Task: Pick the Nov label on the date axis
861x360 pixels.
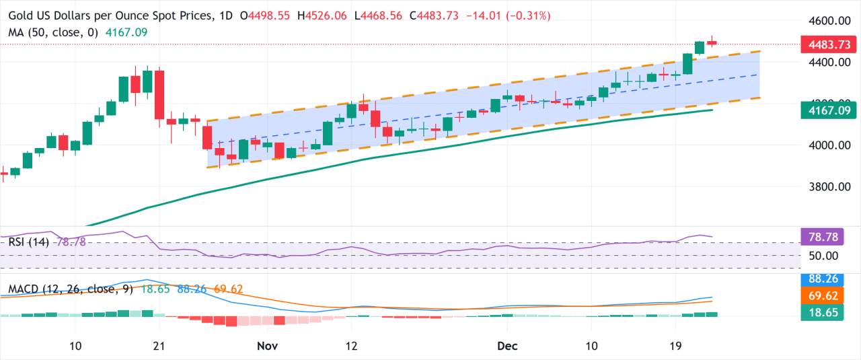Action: tap(267, 346)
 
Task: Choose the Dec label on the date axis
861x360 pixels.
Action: tap(507, 346)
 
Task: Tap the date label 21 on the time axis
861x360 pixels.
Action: tap(159, 346)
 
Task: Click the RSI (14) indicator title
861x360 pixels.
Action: tap(28, 242)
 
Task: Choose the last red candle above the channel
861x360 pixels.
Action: tap(712, 43)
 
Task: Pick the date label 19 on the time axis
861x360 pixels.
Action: tap(676, 346)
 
